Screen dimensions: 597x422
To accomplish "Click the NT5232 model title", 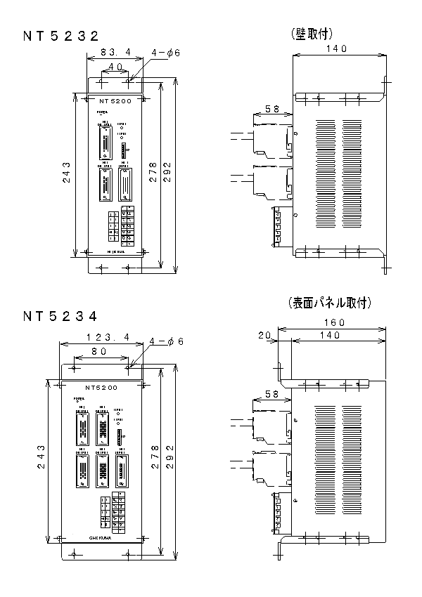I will (60, 36).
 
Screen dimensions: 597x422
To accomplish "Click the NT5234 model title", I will (60, 316).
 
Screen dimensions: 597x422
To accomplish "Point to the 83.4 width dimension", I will (114, 52).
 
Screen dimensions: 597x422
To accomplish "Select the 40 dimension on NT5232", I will (115, 66).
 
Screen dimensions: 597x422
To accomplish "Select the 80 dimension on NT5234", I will (98, 350).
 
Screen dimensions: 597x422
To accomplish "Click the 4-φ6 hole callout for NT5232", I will (167, 53).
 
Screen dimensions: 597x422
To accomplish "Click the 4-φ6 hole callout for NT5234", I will (167, 341).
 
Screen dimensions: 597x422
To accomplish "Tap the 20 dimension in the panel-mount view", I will (264, 336).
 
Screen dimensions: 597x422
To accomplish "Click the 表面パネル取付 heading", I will (329, 303).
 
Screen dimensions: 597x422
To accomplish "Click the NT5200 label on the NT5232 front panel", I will (115, 101).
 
